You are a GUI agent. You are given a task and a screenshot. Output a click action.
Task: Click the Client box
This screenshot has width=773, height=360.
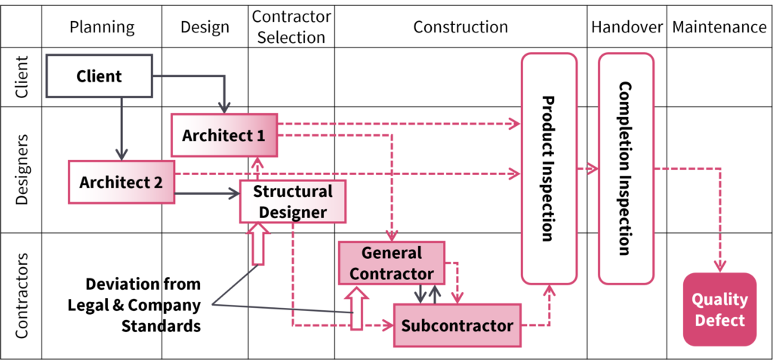pos(99,76)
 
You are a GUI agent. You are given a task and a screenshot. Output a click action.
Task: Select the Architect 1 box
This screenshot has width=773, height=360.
pos(224,135)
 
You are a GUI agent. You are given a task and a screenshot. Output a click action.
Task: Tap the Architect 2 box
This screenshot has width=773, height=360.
pos(121,182)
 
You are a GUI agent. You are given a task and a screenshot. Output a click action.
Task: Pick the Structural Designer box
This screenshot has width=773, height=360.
pos(292,202)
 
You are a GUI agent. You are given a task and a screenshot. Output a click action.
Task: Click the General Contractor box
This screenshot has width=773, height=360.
pos(392,263)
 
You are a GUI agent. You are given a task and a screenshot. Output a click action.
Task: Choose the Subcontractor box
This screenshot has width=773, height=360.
pos(457,325)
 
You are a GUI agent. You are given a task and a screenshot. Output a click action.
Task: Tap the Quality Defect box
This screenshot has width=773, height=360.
pos(719,309)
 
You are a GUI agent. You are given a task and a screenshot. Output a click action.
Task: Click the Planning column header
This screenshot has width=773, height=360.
pos(101,27)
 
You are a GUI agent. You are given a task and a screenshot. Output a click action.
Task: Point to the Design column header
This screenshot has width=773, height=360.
pos(205,27)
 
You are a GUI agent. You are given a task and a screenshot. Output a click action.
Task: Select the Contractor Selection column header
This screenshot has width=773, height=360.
pos(291,27)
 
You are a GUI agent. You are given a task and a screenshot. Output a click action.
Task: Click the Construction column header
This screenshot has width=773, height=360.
pos(460,27)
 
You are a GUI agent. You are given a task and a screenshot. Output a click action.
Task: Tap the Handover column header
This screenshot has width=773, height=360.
pos(627,27)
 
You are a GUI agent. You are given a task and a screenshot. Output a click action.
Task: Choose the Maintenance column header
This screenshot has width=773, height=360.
pos(719,27)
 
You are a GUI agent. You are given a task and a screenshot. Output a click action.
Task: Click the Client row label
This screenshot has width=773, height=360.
pos(21,77)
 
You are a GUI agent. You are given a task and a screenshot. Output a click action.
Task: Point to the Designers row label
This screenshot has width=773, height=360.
pos(21,170)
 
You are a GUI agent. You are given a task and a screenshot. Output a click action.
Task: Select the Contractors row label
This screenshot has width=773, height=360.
pos(21,295)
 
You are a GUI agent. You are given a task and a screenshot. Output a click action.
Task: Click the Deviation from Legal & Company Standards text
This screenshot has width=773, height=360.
pos(143,305)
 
